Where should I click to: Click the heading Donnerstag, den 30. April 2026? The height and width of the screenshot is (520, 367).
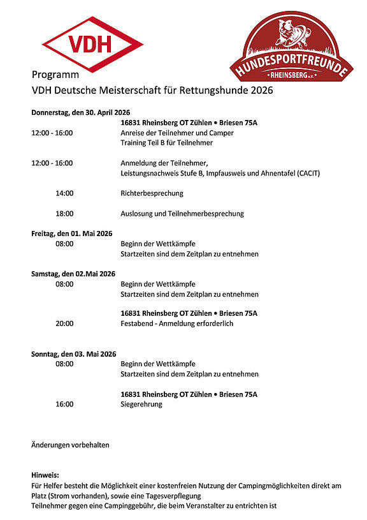click(81, 112)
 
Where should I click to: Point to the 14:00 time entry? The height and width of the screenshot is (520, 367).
click(64, 193)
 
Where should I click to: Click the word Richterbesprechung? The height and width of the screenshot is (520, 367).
click(152, 193)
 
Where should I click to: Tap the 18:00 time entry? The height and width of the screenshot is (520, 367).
click(64, 214)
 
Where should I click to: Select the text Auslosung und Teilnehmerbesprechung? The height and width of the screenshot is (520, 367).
click(182, 214)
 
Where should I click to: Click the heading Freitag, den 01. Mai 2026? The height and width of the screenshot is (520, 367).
click(72, 234)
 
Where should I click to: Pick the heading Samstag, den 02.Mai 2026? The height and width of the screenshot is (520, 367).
click(73, 274)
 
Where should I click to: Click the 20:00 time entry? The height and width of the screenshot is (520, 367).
click(64, 323)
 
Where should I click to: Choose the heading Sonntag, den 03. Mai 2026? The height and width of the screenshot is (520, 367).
click(74, 354)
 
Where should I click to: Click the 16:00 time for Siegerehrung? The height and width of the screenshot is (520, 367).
click(64, 404)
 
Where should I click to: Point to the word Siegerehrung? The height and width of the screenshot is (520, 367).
click(141, 404)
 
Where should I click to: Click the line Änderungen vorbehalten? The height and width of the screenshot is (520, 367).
click(70, 445)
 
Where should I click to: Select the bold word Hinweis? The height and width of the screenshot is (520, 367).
click(45, 475)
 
